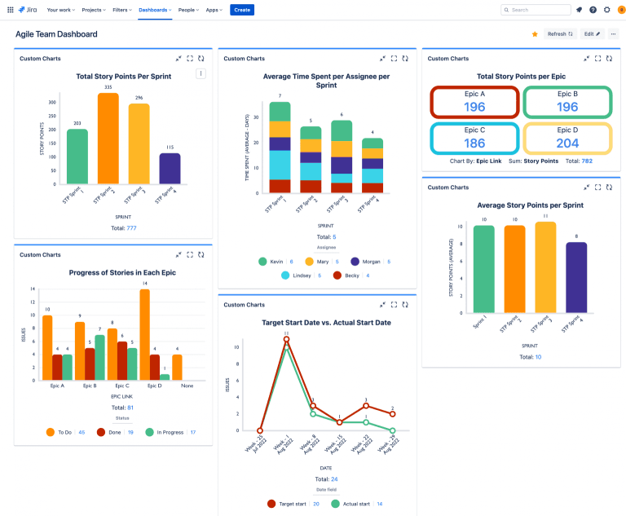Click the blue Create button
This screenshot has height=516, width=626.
pyautogui.click(x=241, y=10)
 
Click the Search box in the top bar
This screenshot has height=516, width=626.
pyautogui.click(x=536, y=10)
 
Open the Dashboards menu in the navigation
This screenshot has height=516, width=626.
pyautogui.click(x=154, y=10)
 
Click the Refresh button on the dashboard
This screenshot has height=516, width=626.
pyautogui.click(x=559, y=34)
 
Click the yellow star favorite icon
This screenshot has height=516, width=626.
pyautogui.click(x=535, y=34)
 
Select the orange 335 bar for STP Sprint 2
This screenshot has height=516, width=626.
pyautogui.click(x=108, y=139)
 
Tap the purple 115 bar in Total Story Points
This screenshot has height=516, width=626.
pyautogui.click(x=170, y=168)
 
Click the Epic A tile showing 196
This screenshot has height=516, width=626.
pyautogui.click(x=474, y=102)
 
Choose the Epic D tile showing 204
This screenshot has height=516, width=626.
pyautogui.click(x=567, y=138)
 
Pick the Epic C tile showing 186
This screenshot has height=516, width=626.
pyautogui.click(x=474, y=138)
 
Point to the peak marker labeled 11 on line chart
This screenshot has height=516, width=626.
pyautogui.click(x=286, y=339)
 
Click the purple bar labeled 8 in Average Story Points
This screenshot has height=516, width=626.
pyautogui.click(x=576, y=277)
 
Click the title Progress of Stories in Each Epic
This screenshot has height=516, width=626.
pyautogui.click(x=122, y=272)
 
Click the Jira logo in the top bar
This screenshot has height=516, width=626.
pyautogui.click(x=29, y=10)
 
